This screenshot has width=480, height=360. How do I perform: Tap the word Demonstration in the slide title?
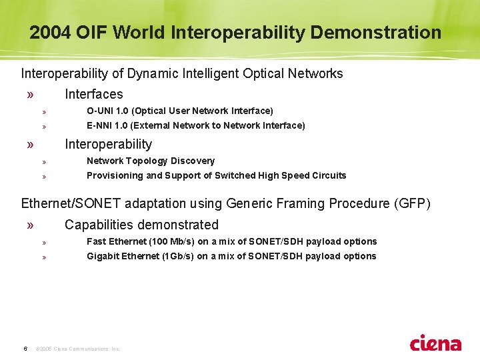(x=376, y=33)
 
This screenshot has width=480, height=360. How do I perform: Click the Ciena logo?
(x=435, y=343)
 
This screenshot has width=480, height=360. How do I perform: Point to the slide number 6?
(x=25, y=348)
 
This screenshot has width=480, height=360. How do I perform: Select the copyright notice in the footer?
(x=77, y=349)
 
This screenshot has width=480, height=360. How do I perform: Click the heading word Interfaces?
(x=93, y=95)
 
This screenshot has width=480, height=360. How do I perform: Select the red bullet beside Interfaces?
(x=30, y=95)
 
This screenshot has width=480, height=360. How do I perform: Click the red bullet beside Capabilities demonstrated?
(x=30, y=225)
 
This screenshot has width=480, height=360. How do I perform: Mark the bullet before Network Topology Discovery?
(x=43, y=161)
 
